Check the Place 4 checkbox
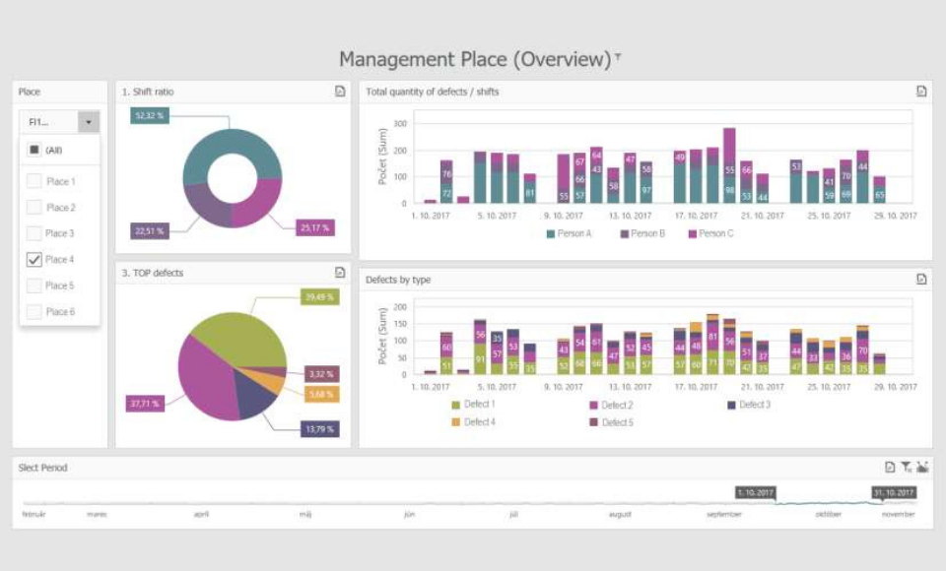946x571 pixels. (x=34, y=260)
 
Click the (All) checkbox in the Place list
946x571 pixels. (x=34, y=150)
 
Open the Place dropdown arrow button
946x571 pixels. (x=89, y=122)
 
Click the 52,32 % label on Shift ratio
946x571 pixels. (x=150, y=116)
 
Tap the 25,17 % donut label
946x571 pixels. (x=315, y=227)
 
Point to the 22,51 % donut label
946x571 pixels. (x=149, y=231)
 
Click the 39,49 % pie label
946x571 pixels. (x=320, y=297)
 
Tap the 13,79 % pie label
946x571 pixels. (x=320, y=429)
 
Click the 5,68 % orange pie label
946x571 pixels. (x=322, y=394)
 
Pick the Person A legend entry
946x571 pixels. (x=570, y=234)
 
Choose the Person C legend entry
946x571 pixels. (x=710, y=234)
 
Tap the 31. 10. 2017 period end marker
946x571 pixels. (x=894, y=492)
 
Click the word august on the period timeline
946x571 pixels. (x=621, y=515)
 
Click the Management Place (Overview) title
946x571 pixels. (x=475, y=59)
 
